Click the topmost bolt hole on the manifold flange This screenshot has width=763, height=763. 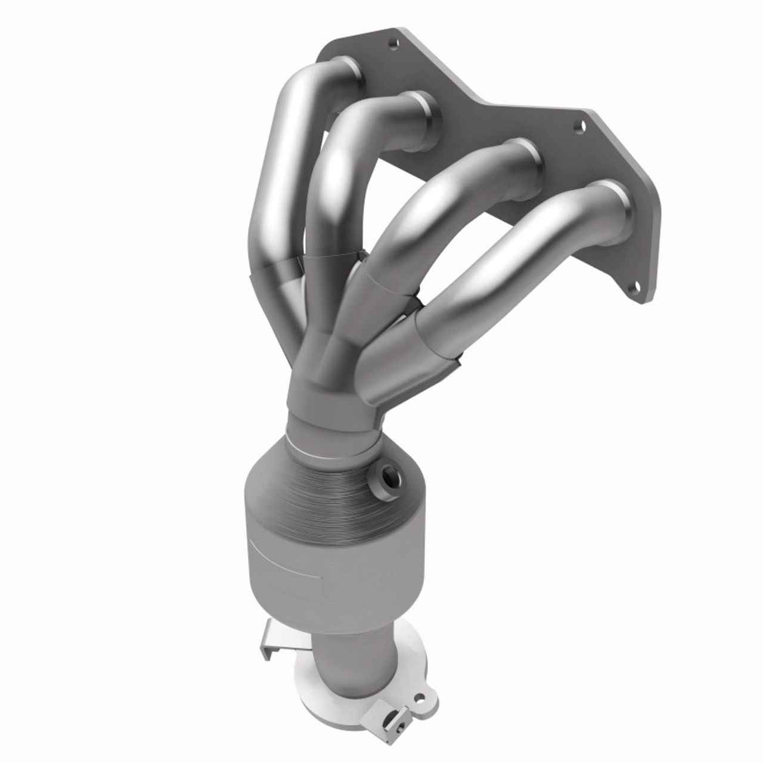(392, 44)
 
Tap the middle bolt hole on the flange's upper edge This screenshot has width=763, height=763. (578, 126)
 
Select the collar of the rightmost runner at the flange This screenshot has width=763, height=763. (613, 206)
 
